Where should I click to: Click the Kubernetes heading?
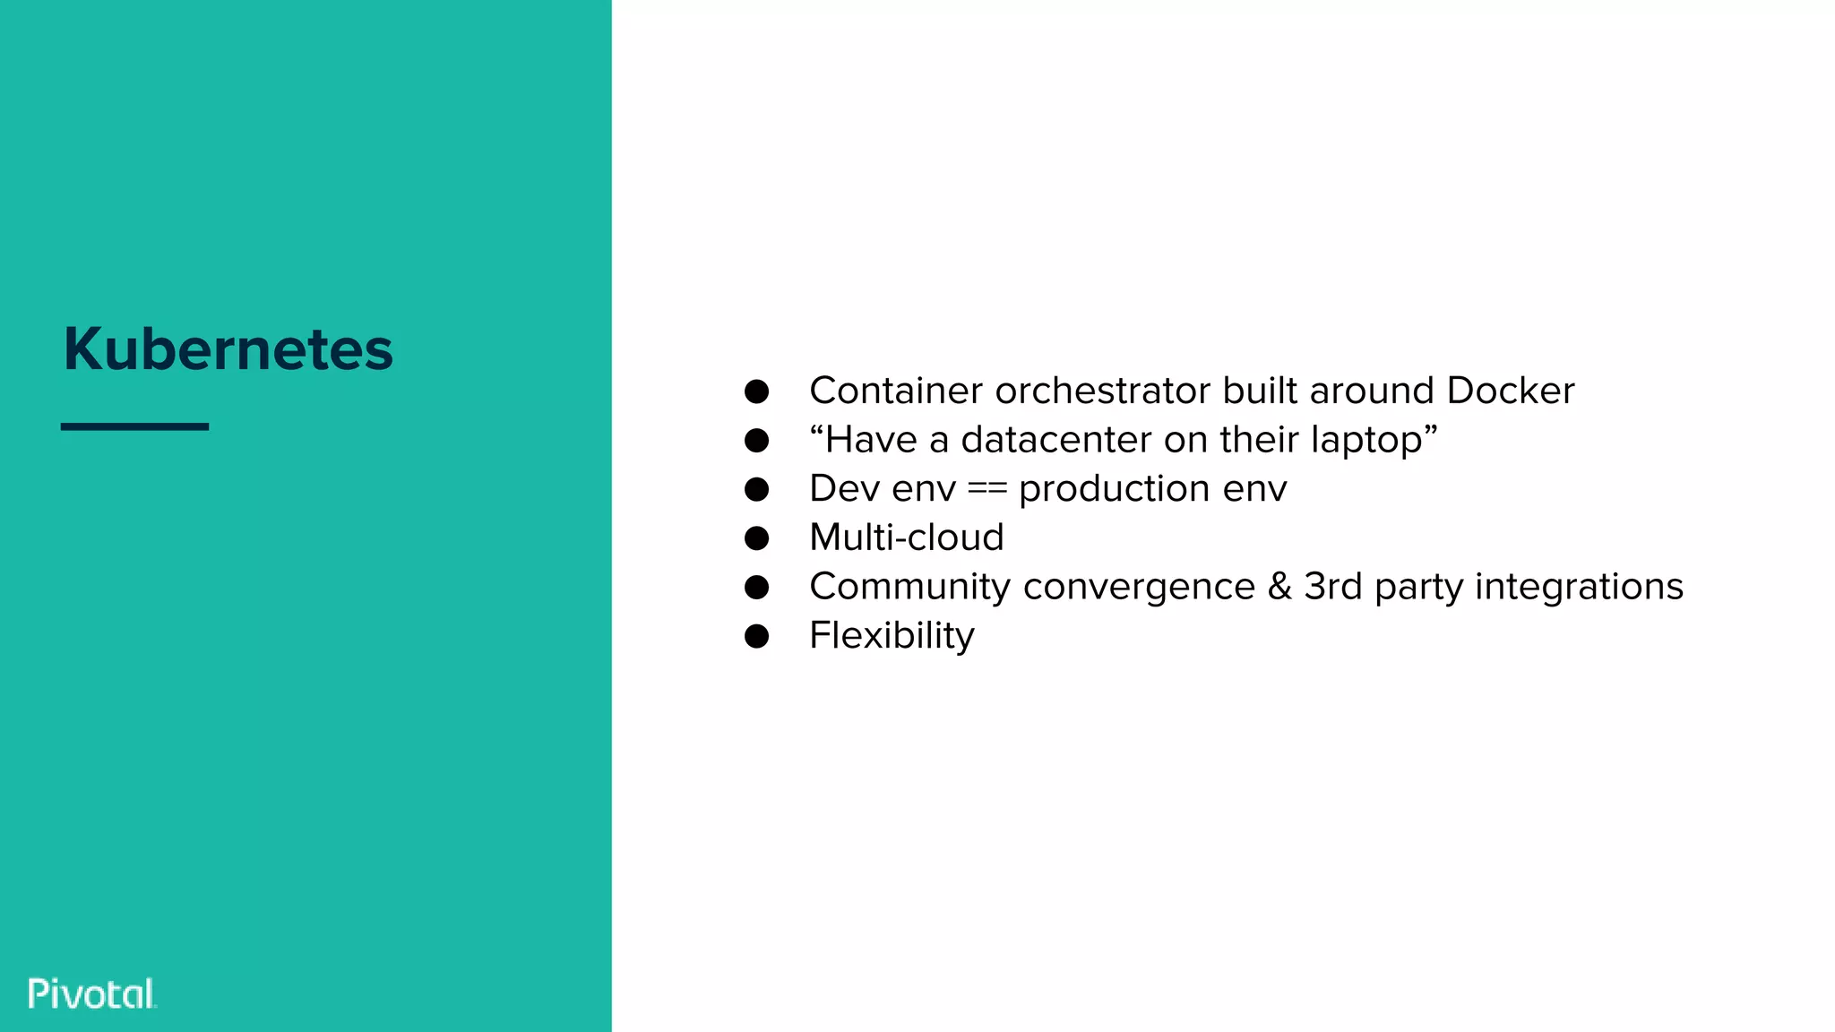[228, 348]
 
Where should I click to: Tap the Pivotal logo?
[92, 993]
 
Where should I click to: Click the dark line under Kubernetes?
[134, 426]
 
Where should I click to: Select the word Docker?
[1510, 391]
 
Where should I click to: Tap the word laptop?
[1366, 440]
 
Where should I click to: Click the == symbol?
[987, 489]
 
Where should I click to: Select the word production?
[1114, 489]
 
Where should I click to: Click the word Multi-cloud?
[906, 537]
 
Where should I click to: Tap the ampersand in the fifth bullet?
[1279, 587]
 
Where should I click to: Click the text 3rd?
[1332, 587]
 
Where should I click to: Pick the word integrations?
[1579, 587]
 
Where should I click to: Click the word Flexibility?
[892, 636]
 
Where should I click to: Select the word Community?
[909, 587]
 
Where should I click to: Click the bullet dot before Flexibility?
[756, 636]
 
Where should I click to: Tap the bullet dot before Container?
[756, 391]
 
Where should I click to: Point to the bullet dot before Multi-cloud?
[756, 538]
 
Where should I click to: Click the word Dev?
[839, 489]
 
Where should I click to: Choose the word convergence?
[1139, 587]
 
